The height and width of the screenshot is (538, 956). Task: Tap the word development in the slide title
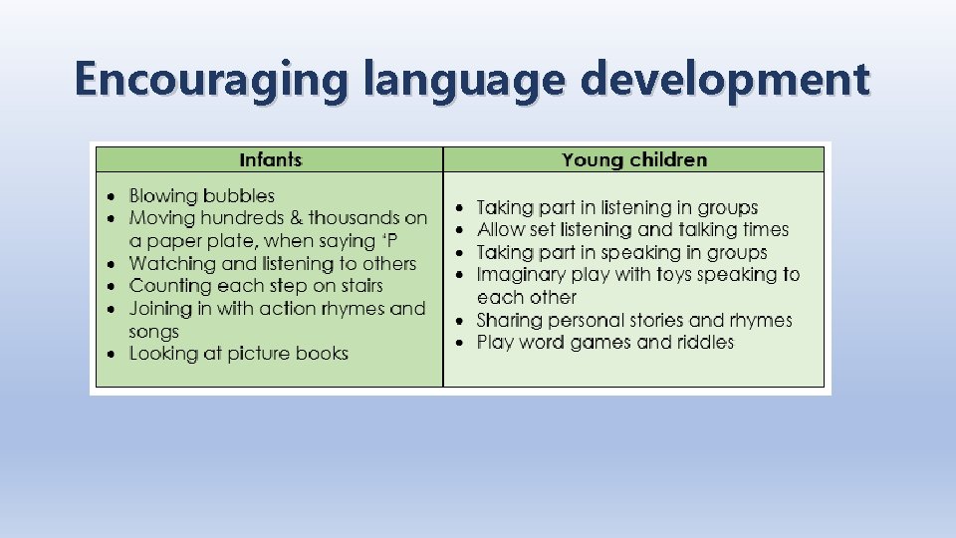pos(725,80)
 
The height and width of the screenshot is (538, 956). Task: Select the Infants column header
pos(271,159)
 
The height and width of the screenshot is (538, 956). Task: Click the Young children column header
pos(634,159)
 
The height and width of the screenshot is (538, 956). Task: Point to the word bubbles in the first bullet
pos(240,195)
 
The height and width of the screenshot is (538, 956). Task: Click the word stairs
pos(355,286)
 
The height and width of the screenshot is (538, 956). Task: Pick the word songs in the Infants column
pos(153,331)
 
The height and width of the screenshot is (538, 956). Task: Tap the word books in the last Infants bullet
pos(321,353)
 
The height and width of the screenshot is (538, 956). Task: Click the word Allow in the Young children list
pos(502,229)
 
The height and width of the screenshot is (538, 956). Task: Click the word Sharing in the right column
pos(511,320)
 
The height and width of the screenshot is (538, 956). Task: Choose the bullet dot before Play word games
pos(459,343)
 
